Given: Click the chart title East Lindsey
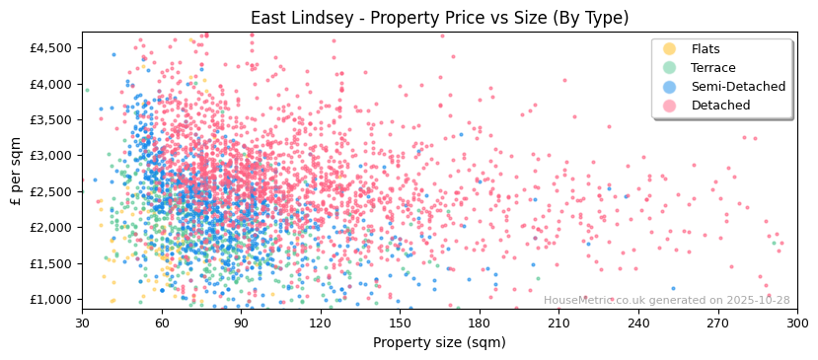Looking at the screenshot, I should [x=439, y=18].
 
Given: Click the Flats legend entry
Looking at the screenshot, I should [x=706, y=49].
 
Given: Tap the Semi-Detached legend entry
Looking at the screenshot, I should [x=738, y=87].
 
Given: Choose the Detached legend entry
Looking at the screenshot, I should [x=720, y=106].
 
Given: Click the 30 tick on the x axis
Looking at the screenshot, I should [x=82, y=324].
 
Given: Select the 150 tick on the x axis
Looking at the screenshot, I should [x=400, y=324].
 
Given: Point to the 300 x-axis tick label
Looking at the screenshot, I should [x=797, y=324].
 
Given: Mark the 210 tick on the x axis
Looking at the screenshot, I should [x=558, y=324].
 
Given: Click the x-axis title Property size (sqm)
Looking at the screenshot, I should [x=439, y=342].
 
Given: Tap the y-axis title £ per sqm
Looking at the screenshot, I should [x=16, y=173].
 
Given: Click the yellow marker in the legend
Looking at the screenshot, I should [x=670, y=49].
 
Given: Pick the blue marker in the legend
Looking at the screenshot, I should [x=670, y=87].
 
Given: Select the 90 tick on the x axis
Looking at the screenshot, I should [x=241, y=324].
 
